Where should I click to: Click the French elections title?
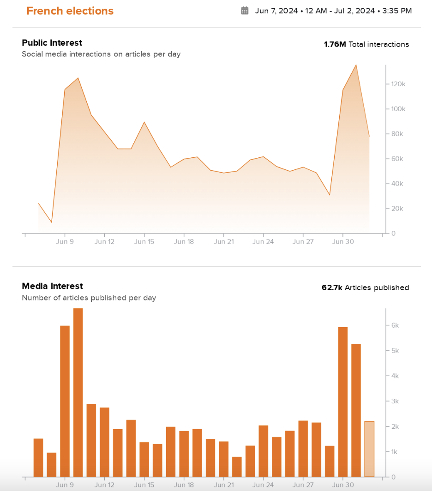point(70,11)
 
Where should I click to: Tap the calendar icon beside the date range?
point(245,11)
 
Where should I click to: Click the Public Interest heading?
point(52,43)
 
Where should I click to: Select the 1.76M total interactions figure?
point(335,44)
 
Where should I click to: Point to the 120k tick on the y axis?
point(398,84)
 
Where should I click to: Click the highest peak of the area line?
point(356,65)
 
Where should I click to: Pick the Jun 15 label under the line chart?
point(144,241)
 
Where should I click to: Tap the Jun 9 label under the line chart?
point(65,241)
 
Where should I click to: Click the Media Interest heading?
point(52,286)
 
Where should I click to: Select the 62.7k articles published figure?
point(332,287)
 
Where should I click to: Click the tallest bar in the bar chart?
point(78,392)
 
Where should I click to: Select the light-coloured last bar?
point(369,449)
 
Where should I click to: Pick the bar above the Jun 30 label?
point(342,401)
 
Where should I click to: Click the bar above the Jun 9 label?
point(65,401)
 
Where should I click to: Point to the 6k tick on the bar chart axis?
point(395,325)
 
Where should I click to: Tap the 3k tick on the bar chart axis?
point(395,401)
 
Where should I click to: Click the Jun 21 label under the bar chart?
point(223,485)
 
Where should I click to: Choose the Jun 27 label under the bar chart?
point(303,485)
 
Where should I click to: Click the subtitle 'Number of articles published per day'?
point(89,298)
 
